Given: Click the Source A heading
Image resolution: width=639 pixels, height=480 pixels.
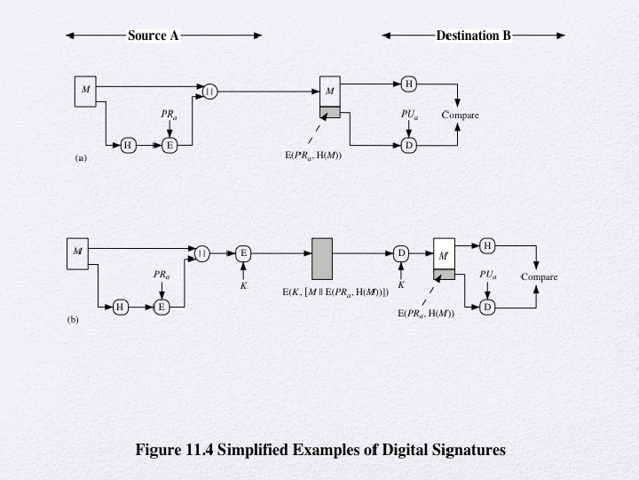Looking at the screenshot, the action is (154, 36).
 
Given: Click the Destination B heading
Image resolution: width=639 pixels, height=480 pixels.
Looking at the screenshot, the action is (473, 36).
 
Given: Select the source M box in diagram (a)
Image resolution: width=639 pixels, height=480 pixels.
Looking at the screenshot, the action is (85, 92).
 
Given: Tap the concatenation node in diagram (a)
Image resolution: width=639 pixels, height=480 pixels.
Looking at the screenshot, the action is (209, 92).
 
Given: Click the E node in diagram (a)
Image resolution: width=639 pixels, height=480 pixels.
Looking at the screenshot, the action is (170, 145).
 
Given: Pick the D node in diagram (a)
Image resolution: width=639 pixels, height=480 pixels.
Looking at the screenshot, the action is (409, 145).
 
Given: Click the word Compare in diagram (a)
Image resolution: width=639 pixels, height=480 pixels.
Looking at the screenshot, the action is (460, 115).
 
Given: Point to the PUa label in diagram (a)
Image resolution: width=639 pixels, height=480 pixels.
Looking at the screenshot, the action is (409, 115).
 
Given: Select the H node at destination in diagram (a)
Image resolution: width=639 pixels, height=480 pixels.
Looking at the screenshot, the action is (409, 84).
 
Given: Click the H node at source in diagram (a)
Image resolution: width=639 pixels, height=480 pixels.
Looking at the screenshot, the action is (129, 145).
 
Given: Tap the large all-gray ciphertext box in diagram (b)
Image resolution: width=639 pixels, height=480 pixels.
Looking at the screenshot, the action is (322, 259).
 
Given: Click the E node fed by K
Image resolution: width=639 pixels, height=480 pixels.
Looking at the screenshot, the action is (243, 253).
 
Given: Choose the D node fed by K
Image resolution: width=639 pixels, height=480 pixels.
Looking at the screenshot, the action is (401, 253).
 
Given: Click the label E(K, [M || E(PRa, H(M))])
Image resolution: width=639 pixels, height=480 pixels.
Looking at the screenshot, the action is (335, 292).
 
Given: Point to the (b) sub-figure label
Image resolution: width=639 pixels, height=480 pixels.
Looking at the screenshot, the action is (73, 320).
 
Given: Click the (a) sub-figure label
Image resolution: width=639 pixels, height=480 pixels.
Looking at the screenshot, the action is (81, 158).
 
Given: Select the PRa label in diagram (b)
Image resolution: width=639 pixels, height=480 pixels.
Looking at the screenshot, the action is (162, 275).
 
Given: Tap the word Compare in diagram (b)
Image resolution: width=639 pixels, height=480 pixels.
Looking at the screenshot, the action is (540, 276).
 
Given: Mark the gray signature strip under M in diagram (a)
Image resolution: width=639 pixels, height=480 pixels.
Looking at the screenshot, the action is (330, 112).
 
